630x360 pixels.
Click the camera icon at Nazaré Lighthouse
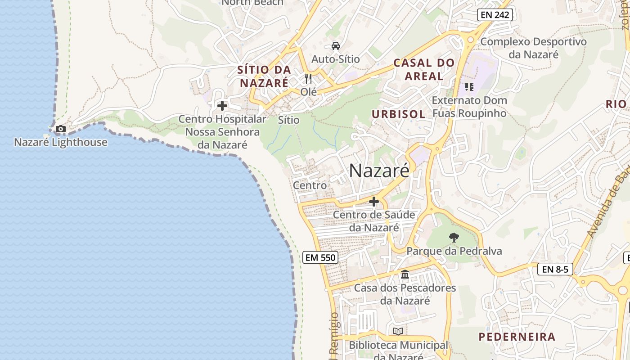tap(60, 129)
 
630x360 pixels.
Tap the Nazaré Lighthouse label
tap(61, 142)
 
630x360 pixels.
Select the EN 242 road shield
tap(495, 15)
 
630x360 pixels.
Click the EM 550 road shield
tap(320, 257)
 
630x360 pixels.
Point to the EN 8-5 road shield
tap(555, 270)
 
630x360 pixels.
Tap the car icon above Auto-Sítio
tap(335, 45)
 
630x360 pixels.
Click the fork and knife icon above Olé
tap(308, 79)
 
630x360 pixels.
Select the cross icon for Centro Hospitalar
tap(222, 106)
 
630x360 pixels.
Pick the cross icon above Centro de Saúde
tap(373, 202)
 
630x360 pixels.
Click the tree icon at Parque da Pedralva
tap(454, 237)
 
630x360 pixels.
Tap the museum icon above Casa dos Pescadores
tap(405, 274)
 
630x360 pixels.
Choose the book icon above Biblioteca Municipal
tap(398, 332)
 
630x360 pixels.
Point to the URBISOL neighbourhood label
tap(398, 114)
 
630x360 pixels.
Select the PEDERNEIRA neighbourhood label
tap(517, 337)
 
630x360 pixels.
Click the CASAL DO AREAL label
tap(424, 69)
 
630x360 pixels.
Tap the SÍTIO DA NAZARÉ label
tap(264, 76)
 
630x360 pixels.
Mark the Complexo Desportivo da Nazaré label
tap(533, 48)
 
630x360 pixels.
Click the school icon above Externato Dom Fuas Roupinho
tap(469, 86)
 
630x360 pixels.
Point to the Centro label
tap(310, 185)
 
